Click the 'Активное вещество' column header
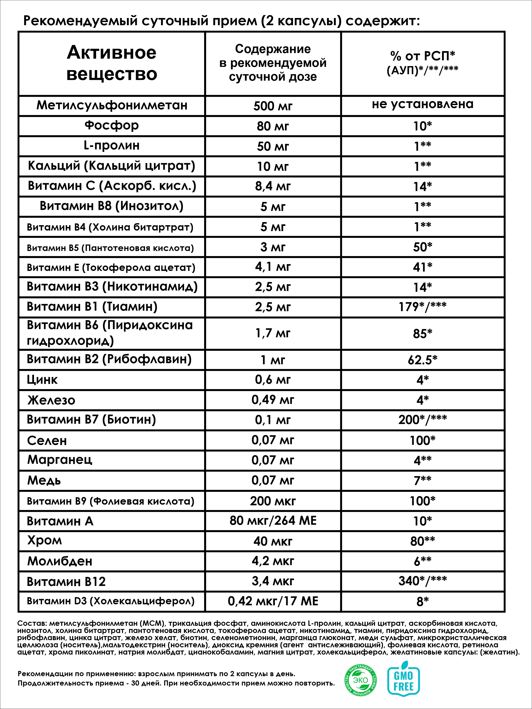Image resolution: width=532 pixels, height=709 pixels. point(112,63)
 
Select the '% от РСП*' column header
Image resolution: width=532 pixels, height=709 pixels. point(422,63)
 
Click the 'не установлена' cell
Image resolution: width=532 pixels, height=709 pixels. point(422,104)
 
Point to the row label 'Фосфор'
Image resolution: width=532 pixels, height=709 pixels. point(112,125)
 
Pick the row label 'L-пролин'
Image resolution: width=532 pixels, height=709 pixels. point(112,146)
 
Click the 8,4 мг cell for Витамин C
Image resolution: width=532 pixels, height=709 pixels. point(273,186)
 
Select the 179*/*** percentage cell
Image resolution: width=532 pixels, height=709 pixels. point(422,307)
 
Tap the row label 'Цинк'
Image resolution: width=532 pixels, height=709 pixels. point(42,380)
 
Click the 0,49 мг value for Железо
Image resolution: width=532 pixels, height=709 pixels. point(273,400)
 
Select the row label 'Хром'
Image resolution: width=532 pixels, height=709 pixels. point(45,541)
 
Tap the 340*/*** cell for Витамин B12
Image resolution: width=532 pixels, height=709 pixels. point(422,581)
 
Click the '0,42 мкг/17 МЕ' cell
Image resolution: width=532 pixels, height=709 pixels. point(273,601)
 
